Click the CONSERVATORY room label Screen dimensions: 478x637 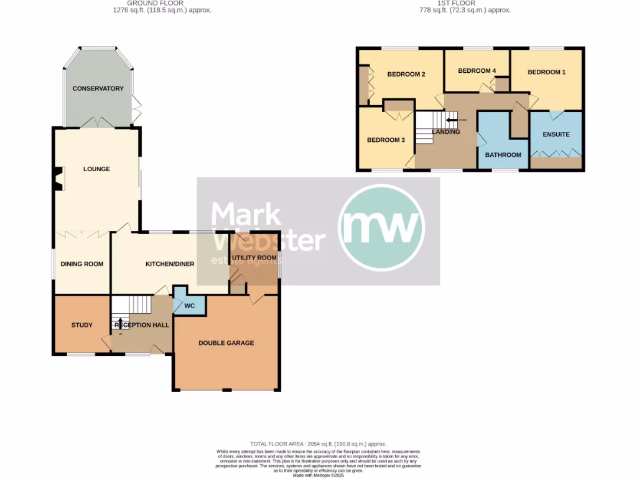(x=98, y=88)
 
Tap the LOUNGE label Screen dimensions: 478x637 (x=96, y=169)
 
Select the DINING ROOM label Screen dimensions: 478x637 (x=81, y=264)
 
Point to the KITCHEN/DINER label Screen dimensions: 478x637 (x=170, y=264)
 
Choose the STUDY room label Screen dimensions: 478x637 (x=81, y=325)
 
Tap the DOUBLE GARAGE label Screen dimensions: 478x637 (x=226, y=343)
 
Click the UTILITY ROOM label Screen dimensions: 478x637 (x=254, y=258)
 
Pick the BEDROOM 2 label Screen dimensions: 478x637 (x=406, y=75)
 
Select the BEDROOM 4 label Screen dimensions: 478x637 (x=477, y=71)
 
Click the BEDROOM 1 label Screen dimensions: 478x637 (x=546, y=72)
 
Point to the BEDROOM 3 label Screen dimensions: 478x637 (x=386, y=140)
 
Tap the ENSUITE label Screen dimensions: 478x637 (x=556, y=134)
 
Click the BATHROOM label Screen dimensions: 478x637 (x=503, y=155)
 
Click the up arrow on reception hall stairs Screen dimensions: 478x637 (x=121, y=322)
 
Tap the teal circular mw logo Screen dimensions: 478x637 (x=381, y=227)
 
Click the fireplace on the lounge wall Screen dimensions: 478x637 (x=58, y=178)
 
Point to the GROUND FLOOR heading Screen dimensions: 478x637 (x=159, y=3)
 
